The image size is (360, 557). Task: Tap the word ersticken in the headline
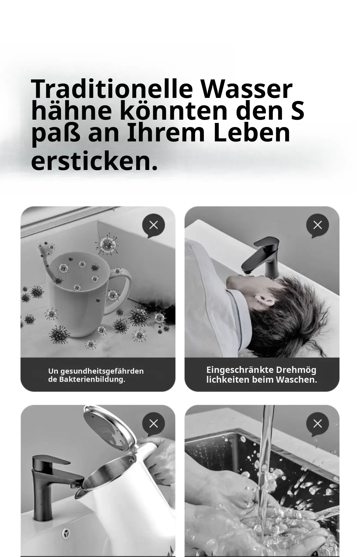point(94,162)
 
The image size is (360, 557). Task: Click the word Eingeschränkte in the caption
point(240,370)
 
